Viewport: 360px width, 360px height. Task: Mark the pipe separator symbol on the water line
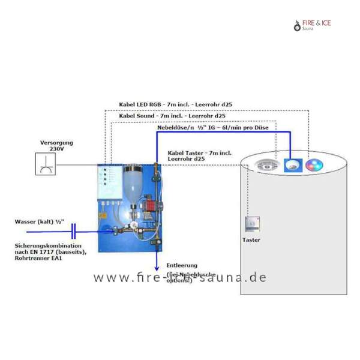pyautogui.click(x=73, y=230)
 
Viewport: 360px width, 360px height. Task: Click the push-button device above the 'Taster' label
pyautogui.click(x=253, y=224)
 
